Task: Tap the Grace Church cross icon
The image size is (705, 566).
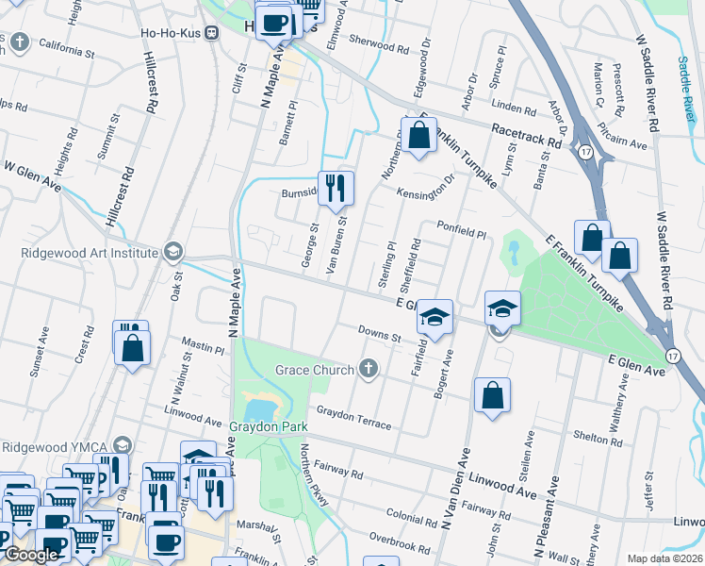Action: tap(368, 369)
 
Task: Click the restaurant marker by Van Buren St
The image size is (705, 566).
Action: tap(335, 189)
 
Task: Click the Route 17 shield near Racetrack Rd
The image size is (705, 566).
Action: tap(585, 151)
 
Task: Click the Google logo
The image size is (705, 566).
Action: tap(31, 555)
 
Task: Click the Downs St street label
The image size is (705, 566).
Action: tap(380, 333)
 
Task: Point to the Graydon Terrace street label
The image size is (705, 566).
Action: tap(353, 418)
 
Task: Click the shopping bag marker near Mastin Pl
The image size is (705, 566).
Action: tap(133, 348)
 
